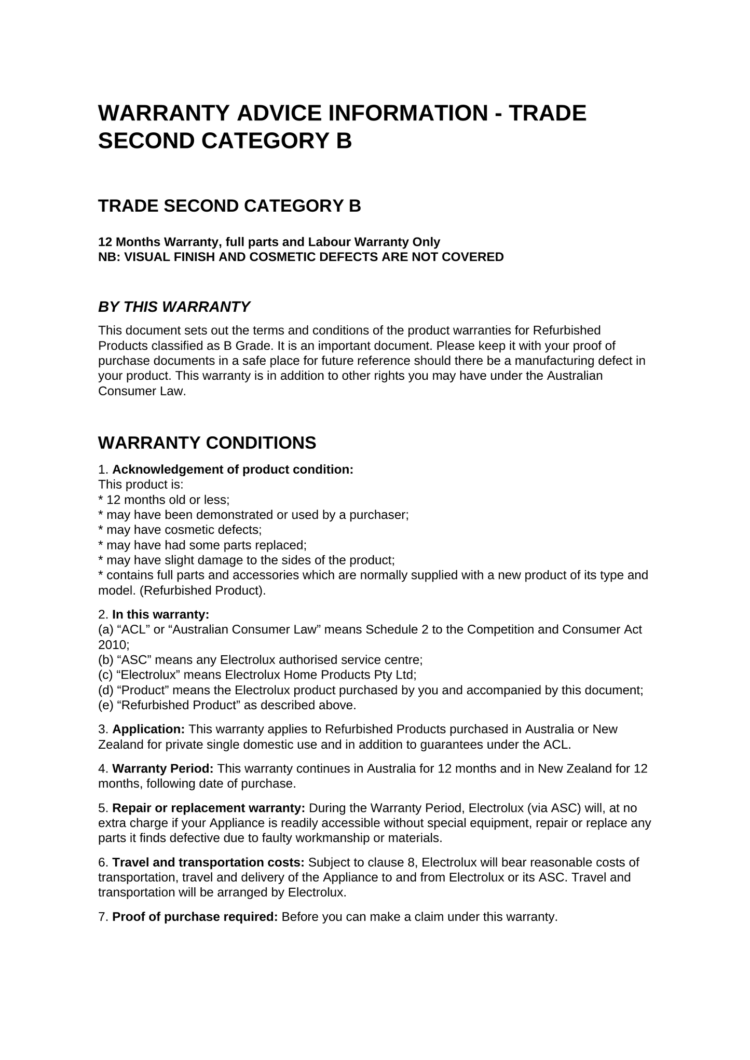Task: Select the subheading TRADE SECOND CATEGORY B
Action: (229, 206)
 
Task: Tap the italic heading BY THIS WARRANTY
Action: (174, 307)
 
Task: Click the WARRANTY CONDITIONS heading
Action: (207, 443)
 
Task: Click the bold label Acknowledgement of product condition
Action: (233, 470)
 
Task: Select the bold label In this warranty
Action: (160, 615)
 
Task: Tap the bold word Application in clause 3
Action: (148, 729)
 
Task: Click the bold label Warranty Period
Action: (163, 769)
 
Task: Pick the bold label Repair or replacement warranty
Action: (209, 808)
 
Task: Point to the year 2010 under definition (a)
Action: (112, 645)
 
